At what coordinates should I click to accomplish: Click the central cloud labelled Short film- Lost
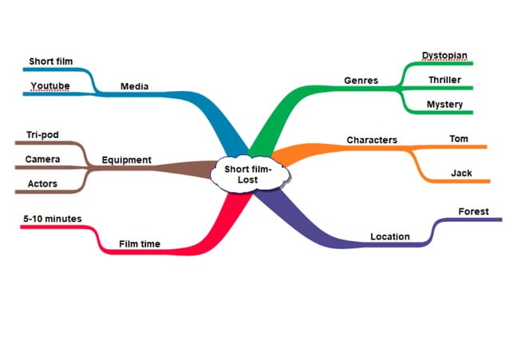click(x=248, y=173)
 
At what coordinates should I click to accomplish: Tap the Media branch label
click(x=133, y=86)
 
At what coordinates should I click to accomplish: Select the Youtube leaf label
click(x=49, y=86)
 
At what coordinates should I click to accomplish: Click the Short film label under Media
click(x=51, y=61)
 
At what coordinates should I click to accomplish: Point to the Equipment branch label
click(x=126, y=160)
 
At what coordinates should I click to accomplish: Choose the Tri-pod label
click(x=42, y=135)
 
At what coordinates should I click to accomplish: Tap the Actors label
click(x=42, y=184)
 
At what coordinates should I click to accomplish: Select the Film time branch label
click(x=139, y=244)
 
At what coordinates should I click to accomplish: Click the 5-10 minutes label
click(x=53, y=218)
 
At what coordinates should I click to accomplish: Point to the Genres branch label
click(x=361, y=81)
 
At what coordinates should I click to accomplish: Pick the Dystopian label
click(x=444, y=56)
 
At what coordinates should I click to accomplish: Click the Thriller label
click(x=444, y=80)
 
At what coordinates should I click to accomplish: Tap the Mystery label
click(x=444, y=104)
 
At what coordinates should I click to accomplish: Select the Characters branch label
click(x=372, y=140)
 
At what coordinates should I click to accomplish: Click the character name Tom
click(x=459, y=139)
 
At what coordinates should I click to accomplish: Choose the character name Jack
click(x=461, y=172)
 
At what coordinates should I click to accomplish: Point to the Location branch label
click(x=390, y=236)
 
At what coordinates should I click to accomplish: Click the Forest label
click(x=474, y=212)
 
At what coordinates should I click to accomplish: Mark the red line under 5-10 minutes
click(x=56, y=227)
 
